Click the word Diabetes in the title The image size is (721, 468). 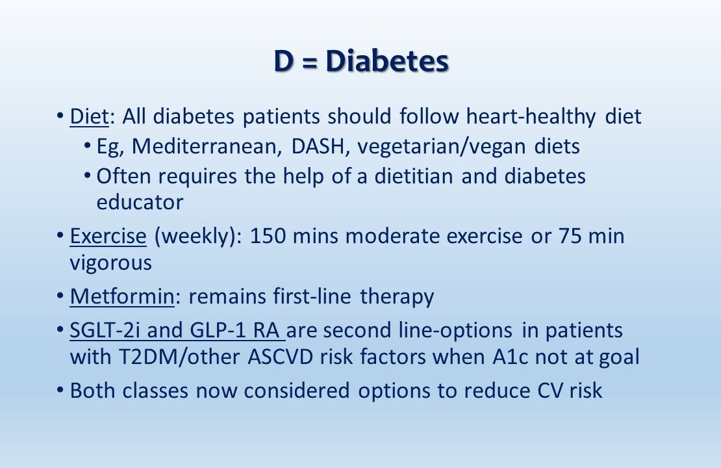(387, 62)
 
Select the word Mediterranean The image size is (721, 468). (206, 146)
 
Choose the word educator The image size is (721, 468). (140, 202)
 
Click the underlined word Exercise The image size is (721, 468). (108, 236)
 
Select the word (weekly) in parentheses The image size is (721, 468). (196, 236)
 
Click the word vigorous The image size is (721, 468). (110, 263)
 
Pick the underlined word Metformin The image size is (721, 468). (121, 296)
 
